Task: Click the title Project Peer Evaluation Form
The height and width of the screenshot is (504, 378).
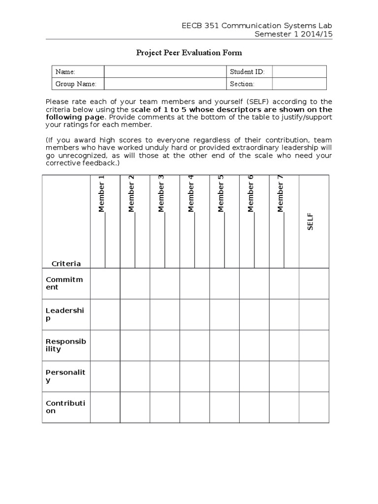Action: (189, 53)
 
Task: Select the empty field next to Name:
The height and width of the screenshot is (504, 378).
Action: (165, 72)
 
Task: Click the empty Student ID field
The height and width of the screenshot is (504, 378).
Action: (299, 72)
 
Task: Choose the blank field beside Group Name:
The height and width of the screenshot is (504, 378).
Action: (165, 84)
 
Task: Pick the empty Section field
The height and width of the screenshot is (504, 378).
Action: (299, 84)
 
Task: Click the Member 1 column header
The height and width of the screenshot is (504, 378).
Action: (102, 194)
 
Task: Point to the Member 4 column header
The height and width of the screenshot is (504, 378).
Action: (191, 194)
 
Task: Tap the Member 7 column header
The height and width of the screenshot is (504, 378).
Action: (281, 194)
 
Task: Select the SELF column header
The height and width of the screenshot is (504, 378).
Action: (311, 221)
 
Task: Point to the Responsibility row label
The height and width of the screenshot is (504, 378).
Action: (66, 345)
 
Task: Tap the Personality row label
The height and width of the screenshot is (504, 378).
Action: (65, 376)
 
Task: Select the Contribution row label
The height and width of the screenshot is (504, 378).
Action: (65, 407)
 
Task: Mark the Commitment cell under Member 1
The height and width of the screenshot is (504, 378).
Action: (105, 283)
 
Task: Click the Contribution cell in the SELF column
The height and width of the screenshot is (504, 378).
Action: (314, 407)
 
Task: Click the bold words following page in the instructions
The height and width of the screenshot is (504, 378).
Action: (74, 117)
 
